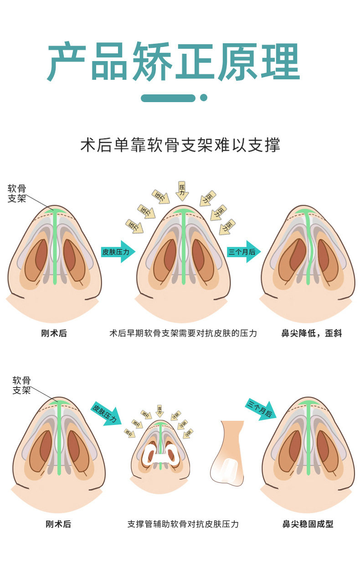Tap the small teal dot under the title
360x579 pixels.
tap(204, 98)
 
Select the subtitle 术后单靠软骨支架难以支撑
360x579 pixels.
tap(180, 145)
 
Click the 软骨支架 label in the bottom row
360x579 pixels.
tap(21, 385)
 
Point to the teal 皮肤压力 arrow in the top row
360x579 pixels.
tap(118, 252)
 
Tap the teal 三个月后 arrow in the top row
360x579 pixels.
tap(243, 252)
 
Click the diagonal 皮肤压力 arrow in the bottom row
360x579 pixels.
tap(106, 412)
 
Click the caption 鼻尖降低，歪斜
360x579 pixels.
tap(312, 333)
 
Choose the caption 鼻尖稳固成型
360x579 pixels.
tap(308, 524)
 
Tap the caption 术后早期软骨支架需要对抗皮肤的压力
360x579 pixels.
tap(183, 333)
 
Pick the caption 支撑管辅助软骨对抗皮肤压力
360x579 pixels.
tap(183, 524)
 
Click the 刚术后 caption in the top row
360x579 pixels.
tap(54, 333)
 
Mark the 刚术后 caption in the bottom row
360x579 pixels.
tap(59, 524)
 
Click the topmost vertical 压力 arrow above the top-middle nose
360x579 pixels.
tap(182, 190)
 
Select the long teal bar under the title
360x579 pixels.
tap(168, 98)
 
